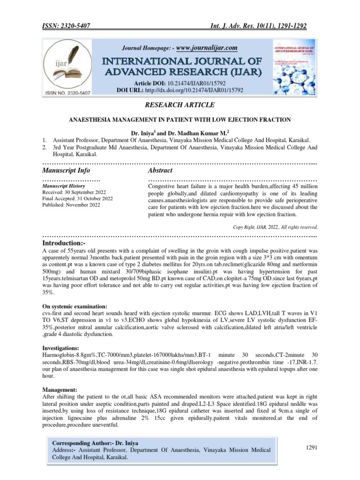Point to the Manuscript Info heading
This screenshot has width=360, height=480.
[67, 170]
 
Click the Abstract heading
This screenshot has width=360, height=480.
[160, 170]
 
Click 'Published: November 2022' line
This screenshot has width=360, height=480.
[71, 205]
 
